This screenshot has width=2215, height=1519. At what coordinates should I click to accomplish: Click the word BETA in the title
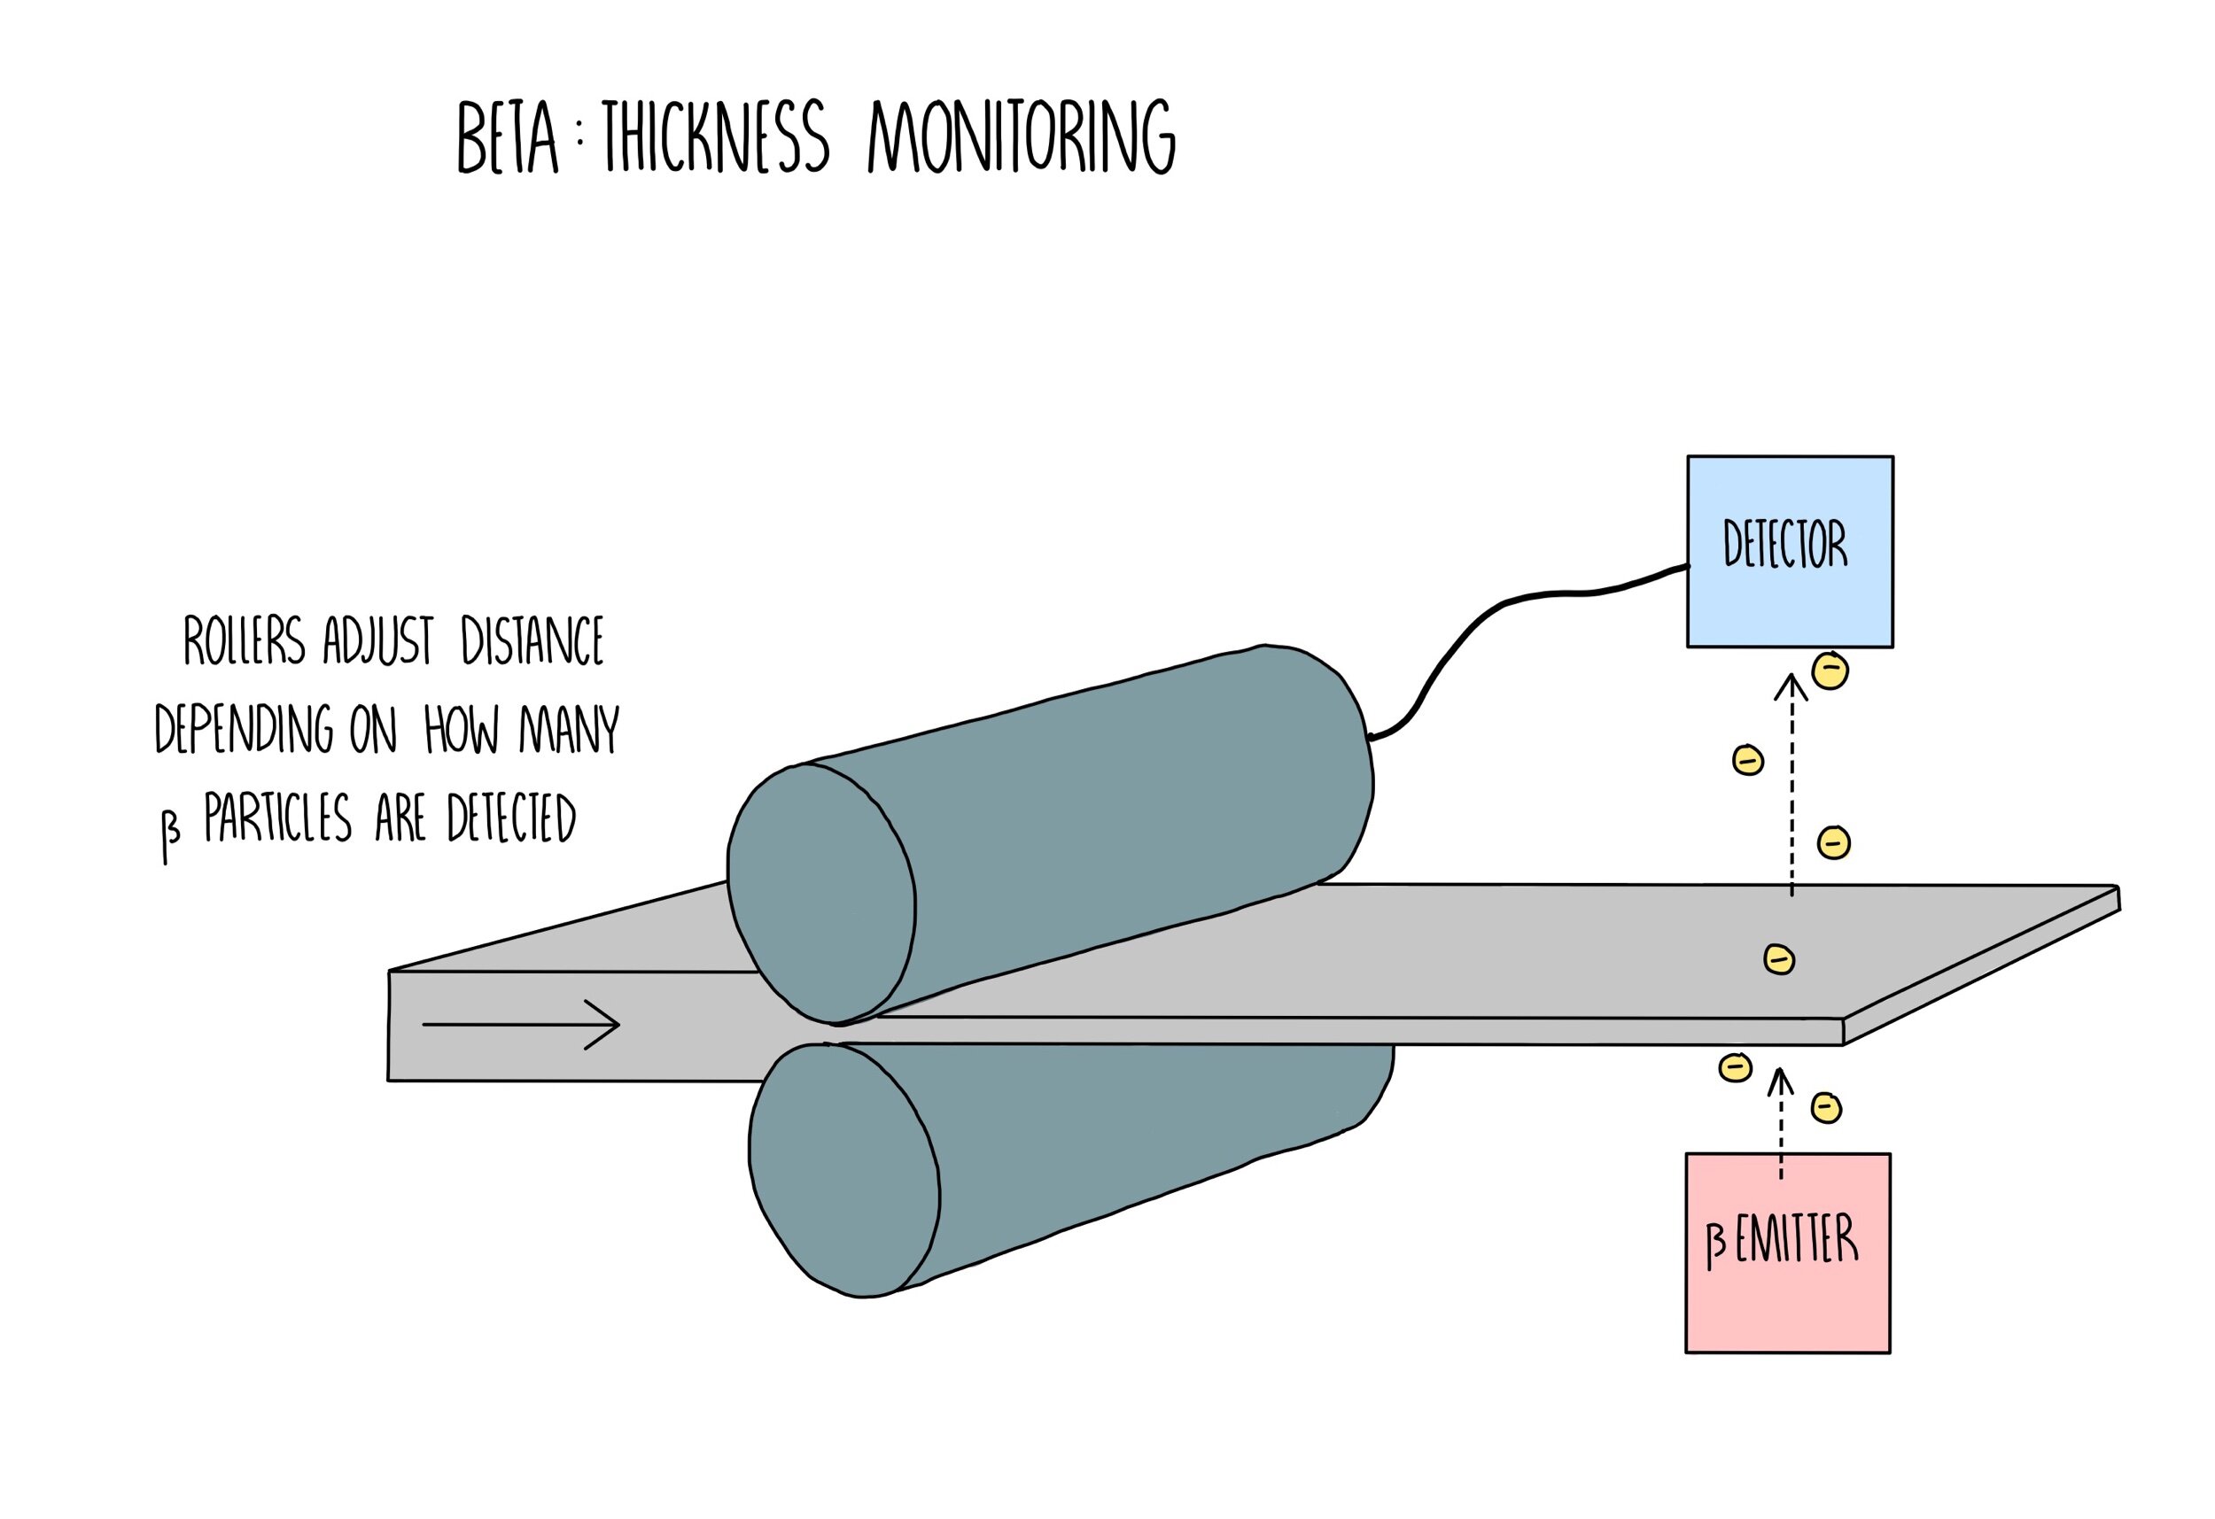coord(507,138)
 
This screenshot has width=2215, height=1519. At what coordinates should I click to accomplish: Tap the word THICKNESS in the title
coord(715,138)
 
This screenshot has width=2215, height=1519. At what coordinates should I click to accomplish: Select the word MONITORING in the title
coord(1022,138)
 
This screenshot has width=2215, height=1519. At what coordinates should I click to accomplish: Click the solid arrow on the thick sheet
coord(520,1026)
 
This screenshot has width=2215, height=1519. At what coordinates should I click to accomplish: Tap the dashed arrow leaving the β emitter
coord(1779,1125)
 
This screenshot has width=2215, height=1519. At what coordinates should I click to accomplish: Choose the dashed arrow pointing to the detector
coord(1791,781)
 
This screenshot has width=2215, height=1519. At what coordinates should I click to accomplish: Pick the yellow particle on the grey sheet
coord(1778,958)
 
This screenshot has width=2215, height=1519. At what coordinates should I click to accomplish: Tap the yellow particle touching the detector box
coord(1830,670)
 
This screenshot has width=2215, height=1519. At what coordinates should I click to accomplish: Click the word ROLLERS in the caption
coord(244,640)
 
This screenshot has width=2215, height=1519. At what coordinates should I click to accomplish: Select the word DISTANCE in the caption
coord(532,640)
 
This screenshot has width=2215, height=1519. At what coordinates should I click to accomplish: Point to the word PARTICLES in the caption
coord(277,819)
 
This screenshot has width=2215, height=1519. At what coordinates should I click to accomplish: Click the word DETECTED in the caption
coord(511,819)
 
